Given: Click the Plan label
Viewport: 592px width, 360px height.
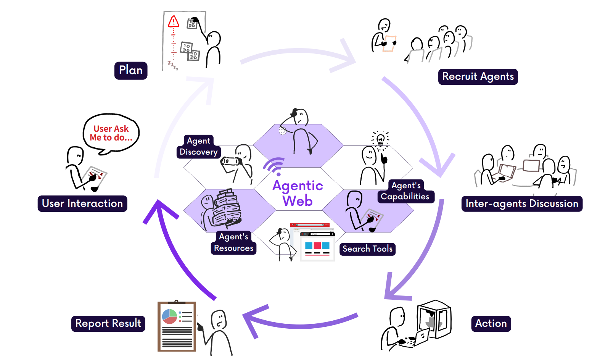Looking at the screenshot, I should click(131, 71).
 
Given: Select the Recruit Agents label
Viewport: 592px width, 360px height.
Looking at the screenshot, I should click(478, 77).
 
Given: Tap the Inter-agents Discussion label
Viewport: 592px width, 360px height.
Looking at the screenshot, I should click(521, 204).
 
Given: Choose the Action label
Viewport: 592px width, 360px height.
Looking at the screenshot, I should click(491, 324).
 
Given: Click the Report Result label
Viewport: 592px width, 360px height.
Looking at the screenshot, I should click(108, 324).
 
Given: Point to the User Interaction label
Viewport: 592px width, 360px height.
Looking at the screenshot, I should click(82, 203).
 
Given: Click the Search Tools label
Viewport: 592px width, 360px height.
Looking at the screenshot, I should click(367, 249).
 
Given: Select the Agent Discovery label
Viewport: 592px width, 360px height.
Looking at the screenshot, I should click(198, 147).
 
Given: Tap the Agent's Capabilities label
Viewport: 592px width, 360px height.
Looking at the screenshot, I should click(405, 191).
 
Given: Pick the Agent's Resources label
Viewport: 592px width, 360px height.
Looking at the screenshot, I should click(233, 243).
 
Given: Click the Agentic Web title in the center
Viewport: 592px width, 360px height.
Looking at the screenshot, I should click(298, 193).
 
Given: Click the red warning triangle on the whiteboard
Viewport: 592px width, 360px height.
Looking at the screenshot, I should click(174, 22).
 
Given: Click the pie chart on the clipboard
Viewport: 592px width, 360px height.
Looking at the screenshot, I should click(169, 316).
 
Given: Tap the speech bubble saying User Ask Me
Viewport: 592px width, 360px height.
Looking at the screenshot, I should click(111, 133).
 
